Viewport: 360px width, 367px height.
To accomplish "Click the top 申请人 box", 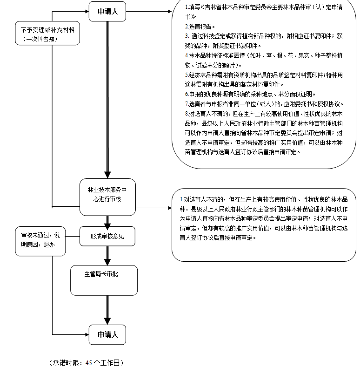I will coord(107,11).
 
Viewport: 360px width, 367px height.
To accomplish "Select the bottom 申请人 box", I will coord(107,334).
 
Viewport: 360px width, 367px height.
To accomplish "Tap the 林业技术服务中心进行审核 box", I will coord(107,197).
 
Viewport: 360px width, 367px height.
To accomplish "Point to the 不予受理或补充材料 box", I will coord(47,33).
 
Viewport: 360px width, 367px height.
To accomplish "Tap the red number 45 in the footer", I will coord(89,362).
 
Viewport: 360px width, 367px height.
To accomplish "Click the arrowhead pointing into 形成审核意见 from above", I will coord(107,224).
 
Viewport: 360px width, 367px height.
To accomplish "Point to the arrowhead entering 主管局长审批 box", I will coord(107,262).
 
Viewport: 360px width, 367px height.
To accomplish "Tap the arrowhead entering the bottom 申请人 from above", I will coord(107,321).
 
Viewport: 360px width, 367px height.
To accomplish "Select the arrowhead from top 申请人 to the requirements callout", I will coord(168,11).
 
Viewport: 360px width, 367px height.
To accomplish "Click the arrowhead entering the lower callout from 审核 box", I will coord(168,208).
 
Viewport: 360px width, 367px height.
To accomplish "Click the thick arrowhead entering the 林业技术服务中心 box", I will coord(107,175).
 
